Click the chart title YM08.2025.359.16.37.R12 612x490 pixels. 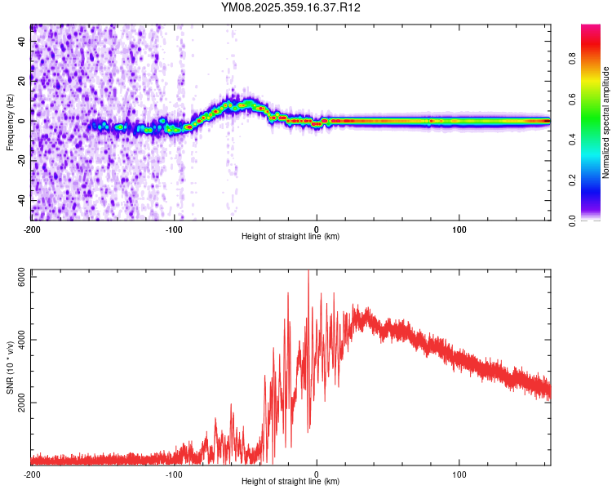pyautogui.click(x=290, y=7)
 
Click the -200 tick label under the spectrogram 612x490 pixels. pyautogui.click(x=32, y=229)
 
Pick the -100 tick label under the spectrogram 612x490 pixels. pyautogui.click(x=174, y=229)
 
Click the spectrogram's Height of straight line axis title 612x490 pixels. pyautogui.click(x=290, y=237)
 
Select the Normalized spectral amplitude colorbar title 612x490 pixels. pyautogui.click(x=606, y=122)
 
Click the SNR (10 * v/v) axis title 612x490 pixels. pyautogui.click(x=10, y=367)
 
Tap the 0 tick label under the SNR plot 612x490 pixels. pyautogui.click(x=317, y=474)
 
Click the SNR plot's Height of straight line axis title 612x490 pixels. pyautogui.click(x=290, y=482)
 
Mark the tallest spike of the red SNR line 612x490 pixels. pyautogui.click(x=308, y=272)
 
